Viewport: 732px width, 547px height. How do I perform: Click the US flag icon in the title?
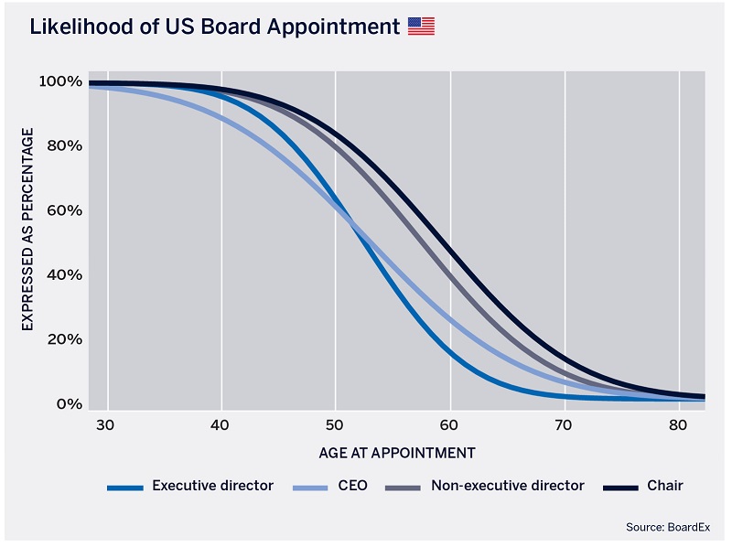pyautogui.click(x=421, y=27)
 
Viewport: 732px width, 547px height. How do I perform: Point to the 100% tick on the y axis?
pyautogui.click(x=60, y=81)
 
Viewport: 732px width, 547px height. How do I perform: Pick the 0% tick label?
pyautogui.click(x=68, y=404)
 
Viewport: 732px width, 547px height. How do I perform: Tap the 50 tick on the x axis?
pyautogui.click(x=335, y=425)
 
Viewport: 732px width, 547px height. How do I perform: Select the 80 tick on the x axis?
pyautogui.click(x=678, y=425)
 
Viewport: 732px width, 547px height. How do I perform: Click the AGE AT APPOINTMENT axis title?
pyautogui.click(x=397, y=453)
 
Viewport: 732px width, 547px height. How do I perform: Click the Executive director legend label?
pyautogui.click(x=212, y=486)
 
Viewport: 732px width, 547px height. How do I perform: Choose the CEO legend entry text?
pyautogui.click(x=352, y=486)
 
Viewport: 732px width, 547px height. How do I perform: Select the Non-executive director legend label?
pyautogui.click(x=507, y=486)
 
